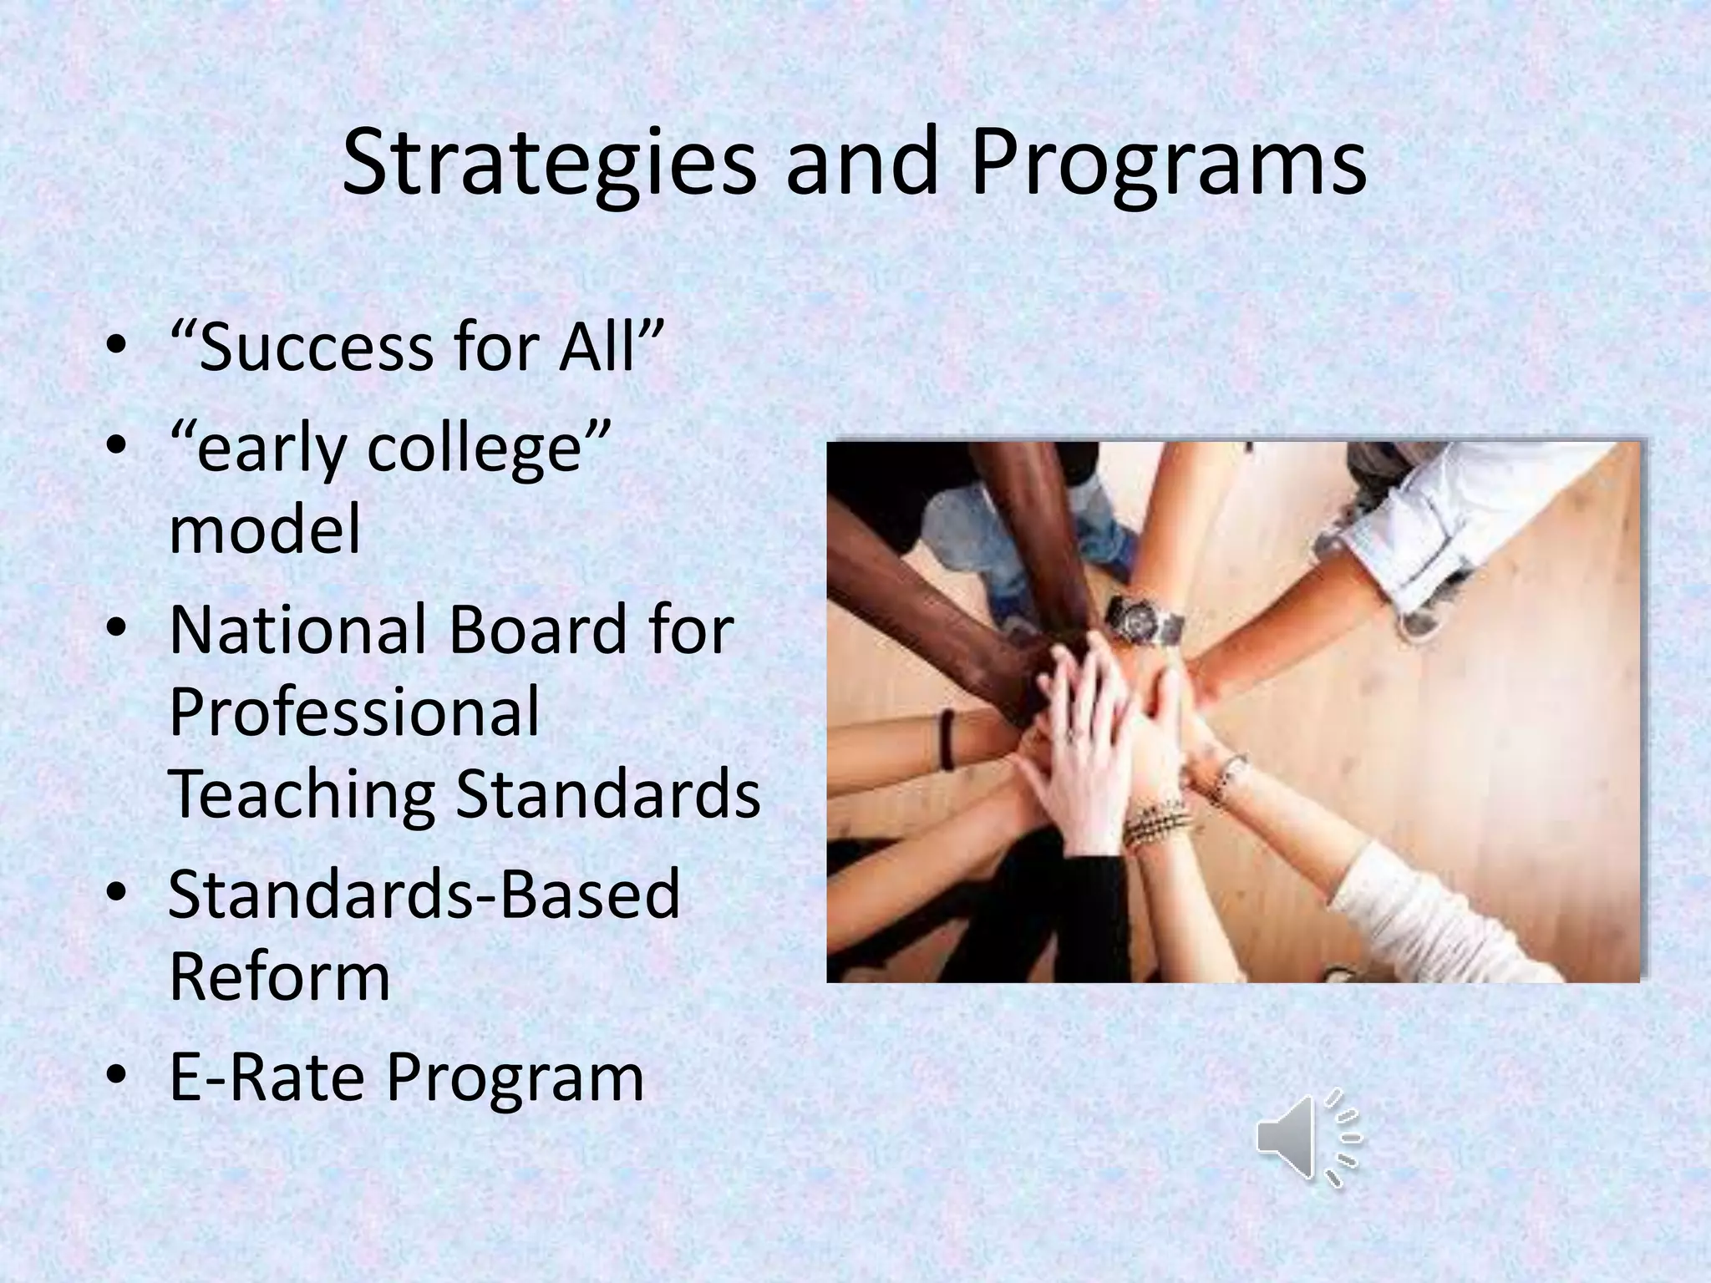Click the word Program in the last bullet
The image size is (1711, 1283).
tap(515, 1078)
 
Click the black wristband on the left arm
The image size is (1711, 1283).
tap(947, 739)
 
